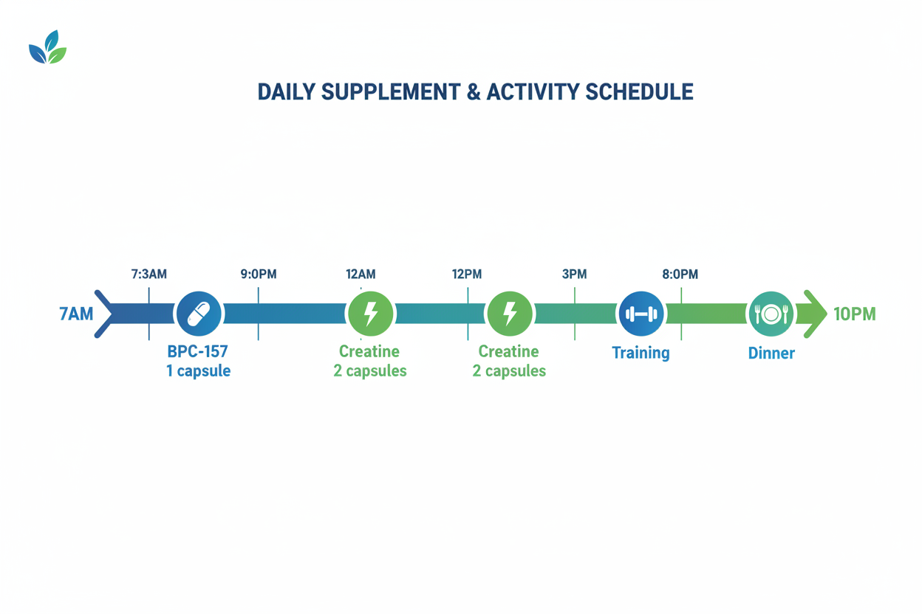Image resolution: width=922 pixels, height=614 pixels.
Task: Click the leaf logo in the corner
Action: (x=47, y=47)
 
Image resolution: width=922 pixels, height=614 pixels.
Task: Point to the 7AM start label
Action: (x=76, y=314)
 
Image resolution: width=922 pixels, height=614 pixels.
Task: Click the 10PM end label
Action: (x=854, y=314)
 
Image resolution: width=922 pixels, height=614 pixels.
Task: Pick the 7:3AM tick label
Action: (x=149, y=275)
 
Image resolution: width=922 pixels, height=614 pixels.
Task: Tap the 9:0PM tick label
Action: (x=259, y=275)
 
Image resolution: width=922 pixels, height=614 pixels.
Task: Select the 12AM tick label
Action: (x=361, y=275)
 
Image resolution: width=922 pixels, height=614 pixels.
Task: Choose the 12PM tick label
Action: (x=467, y=275)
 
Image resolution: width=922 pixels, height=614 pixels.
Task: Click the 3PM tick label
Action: (x=574, y=275)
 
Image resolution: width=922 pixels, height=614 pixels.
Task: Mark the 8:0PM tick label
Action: (x=680, y=275)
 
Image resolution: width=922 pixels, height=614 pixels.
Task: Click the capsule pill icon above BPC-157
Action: (x=199, y=314)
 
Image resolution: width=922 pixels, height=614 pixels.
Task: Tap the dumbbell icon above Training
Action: (x=641, y=314)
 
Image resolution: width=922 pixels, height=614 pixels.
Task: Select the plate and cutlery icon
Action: (x=771, y=314)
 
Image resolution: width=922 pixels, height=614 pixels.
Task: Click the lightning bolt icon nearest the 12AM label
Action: (x=371, y=314)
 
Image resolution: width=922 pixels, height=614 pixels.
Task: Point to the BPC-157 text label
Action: (x=197, y=352)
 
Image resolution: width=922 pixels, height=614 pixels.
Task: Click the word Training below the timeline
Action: (x=641, y=353)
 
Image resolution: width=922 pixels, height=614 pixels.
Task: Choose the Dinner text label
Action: (x=771, y=353)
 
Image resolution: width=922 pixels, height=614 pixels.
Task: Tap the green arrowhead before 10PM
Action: (x=816, y=314)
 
